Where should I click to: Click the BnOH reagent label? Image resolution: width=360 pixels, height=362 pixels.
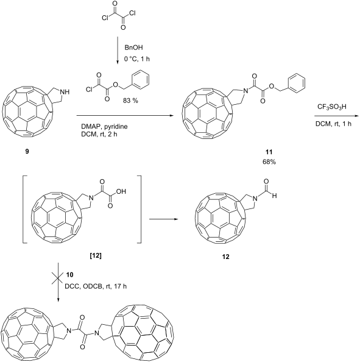pyautogui.click(x=133, y=48)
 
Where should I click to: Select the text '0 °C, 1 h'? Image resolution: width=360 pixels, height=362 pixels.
pyautogui.click(x=137, y=59)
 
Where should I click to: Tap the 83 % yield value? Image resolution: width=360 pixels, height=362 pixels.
pyautogui.click(x=130, y=101)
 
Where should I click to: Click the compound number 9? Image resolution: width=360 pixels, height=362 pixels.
pyautogui.click(x=27, y=152)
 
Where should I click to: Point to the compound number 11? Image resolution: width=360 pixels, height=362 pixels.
pyautogui.click(x=269, y=152)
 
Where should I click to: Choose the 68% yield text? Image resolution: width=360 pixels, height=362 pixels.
pyautogui.click(x=269, y=162)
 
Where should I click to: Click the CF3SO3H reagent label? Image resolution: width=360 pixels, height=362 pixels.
pyautogui.click(x=332, y=107)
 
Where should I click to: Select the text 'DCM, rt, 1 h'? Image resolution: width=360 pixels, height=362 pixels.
pyautogui.click(x=333, y=124)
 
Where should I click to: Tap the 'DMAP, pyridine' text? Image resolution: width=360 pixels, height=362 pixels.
pyautogui.click(x=104, y=127)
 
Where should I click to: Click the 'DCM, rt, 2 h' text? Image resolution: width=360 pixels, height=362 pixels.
pyautogui.click(x=99, y=134)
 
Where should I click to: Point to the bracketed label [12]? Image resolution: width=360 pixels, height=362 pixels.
pyautogui.click(x=96, y=256)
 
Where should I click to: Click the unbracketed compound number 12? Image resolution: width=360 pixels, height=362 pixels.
pyautogui.click(x=225, y=257)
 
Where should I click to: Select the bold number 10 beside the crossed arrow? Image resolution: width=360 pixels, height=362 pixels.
pyautogui.click(x=69, y=275)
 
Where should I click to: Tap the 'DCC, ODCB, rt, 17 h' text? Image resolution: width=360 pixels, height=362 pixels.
pyautogui.click(x=96, y=286)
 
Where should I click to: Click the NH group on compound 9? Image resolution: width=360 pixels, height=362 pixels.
pyautogui.click(x=65, y=92)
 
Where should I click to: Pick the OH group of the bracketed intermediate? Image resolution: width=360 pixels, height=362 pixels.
pyautogui.click(x=121, y=191)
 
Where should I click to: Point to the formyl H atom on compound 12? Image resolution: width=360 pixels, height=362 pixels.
pyautogui.click(x=274, y=196)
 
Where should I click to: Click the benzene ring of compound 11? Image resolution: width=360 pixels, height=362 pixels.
pyautogui.click(x=297, y=82)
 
